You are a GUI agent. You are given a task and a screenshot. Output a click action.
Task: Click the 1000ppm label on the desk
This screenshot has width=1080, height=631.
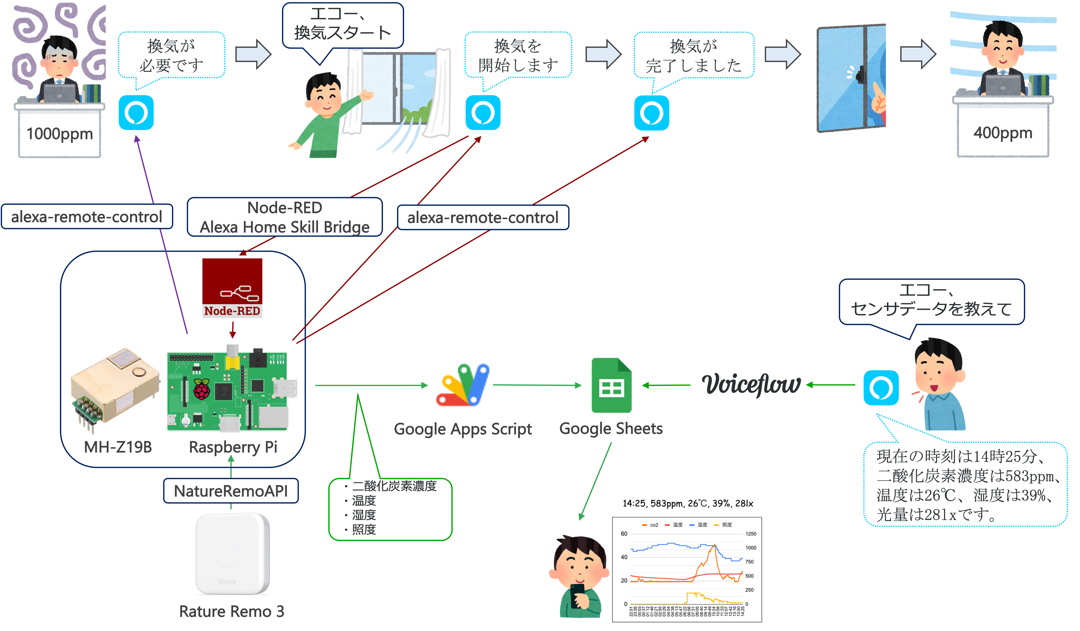coord(60,134)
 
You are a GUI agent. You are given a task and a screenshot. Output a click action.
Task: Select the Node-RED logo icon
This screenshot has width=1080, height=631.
coord(232,288)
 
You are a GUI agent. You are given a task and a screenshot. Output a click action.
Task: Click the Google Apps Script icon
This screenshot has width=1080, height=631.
coord(463,385)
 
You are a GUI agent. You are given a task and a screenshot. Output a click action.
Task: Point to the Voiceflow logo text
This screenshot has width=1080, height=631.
coord(751,384)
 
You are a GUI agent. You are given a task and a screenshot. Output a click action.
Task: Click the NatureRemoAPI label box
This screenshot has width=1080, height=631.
coord(231,491)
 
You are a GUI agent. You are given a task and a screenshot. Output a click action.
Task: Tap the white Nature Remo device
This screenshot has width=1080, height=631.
coord(232,553)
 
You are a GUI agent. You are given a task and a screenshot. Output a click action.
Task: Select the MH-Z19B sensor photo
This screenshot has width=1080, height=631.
coord(116,391)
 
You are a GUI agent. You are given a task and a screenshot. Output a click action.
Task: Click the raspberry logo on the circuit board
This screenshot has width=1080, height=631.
coord(202,389)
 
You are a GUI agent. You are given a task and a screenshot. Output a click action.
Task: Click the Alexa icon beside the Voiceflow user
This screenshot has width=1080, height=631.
coord(881,388)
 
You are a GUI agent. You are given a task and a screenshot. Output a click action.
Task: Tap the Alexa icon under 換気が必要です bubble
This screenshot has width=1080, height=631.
coord(136,113)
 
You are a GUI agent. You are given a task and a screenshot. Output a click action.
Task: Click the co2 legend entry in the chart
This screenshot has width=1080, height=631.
coord(650,525)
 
